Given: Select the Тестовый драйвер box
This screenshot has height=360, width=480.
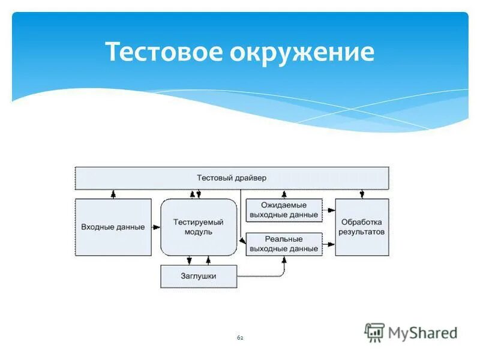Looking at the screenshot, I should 231,178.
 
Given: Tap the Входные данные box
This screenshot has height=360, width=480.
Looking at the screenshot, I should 113,227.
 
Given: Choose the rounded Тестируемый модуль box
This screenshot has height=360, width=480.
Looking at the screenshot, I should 198,227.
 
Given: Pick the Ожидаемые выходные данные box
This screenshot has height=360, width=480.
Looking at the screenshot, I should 284,210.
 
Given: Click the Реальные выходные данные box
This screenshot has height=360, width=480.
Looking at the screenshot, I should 284,244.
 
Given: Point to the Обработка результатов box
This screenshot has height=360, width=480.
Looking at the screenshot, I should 361,227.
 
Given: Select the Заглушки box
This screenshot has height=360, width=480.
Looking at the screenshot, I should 198,276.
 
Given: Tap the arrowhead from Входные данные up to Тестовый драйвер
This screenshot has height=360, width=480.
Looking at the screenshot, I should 112,194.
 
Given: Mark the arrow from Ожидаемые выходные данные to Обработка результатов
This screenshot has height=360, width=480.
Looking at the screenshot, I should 329,210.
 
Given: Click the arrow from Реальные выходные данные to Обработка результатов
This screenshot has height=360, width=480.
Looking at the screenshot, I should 329,244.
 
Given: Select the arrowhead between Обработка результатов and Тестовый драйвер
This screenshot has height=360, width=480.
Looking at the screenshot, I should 361,194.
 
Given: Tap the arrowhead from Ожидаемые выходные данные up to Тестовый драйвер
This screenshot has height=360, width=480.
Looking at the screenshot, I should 284,194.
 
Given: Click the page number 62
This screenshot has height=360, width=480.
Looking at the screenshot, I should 240,338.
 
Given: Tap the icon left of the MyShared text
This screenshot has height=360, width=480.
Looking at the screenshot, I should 374,332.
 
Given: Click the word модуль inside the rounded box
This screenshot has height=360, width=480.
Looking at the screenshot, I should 198,232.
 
